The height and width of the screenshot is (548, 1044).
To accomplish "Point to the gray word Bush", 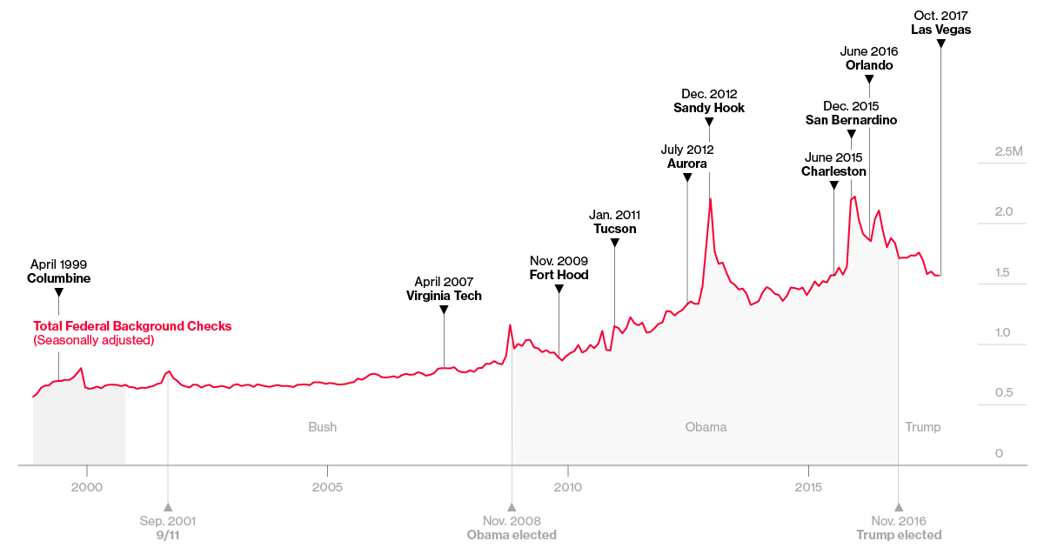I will point(322,427).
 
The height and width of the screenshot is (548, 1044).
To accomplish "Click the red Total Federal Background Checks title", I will point(132,326).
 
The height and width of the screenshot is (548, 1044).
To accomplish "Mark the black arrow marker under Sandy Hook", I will point(709,122).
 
